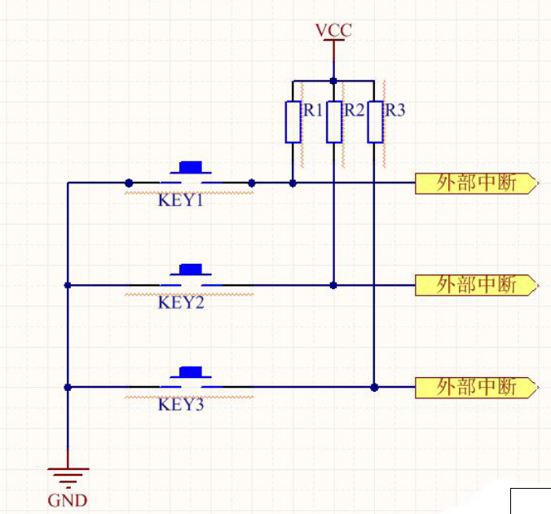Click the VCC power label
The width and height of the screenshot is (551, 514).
[x=333, y=31]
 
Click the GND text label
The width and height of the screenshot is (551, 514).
[x=67, y=501]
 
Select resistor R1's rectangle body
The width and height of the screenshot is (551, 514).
[x=293, y=121]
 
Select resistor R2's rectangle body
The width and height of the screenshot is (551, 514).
[x=333, y=121]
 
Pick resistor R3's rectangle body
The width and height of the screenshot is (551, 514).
[x=374, y=121]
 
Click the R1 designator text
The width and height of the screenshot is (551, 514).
[x=314, y=111]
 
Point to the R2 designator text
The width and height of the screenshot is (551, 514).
[x=354, y=111]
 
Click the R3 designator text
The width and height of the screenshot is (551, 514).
[x=395, y=111]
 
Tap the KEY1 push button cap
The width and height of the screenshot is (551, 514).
[x=191, y=168]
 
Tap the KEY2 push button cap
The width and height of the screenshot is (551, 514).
[x=191, y=270]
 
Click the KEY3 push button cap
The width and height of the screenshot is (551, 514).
[x=191, y=372]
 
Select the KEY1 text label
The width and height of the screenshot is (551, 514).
[x=180, y=200]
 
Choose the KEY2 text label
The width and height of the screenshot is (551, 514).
[x=180, y=302]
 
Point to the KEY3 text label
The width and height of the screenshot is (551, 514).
[x=180, y=404]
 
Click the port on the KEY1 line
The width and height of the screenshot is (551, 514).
[x=476, y=183]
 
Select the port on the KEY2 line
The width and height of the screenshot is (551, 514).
[x=476, y=285]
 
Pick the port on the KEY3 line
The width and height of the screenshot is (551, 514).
[x=476, y=387]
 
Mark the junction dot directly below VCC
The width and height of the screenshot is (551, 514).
[x=333, y=81]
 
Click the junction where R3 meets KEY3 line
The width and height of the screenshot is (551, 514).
[x=374, y=387]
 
